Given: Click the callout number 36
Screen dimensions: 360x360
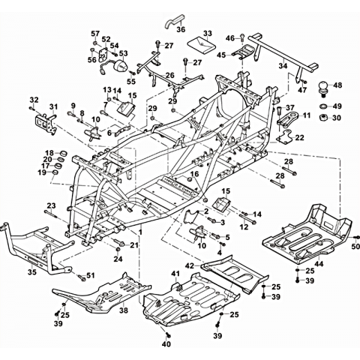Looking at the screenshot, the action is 181,29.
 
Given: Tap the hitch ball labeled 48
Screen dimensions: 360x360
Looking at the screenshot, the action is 323,89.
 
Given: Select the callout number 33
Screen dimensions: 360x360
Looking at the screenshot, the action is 208,33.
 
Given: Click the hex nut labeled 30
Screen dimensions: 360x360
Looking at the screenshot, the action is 323,117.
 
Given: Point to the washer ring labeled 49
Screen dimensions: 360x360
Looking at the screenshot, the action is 323,106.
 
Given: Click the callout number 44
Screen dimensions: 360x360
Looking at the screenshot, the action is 319,264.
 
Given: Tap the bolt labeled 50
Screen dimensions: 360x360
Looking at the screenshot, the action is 357,237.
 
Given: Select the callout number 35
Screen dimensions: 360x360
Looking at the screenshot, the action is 32,271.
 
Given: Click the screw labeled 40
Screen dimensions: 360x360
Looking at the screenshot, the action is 167,334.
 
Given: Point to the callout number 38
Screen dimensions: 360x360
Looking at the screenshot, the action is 124,310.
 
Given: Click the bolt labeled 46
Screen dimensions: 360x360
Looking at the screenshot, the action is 242,37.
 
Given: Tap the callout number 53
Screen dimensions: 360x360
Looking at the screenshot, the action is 123,53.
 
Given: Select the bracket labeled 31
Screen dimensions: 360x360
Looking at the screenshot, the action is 46,123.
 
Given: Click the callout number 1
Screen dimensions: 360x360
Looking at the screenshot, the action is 140,232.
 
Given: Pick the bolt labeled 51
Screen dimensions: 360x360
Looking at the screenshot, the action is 81,277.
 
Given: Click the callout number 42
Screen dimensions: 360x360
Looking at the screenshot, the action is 190,265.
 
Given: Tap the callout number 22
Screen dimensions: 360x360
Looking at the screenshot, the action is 299,137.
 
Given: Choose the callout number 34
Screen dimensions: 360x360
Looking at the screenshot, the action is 283,66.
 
